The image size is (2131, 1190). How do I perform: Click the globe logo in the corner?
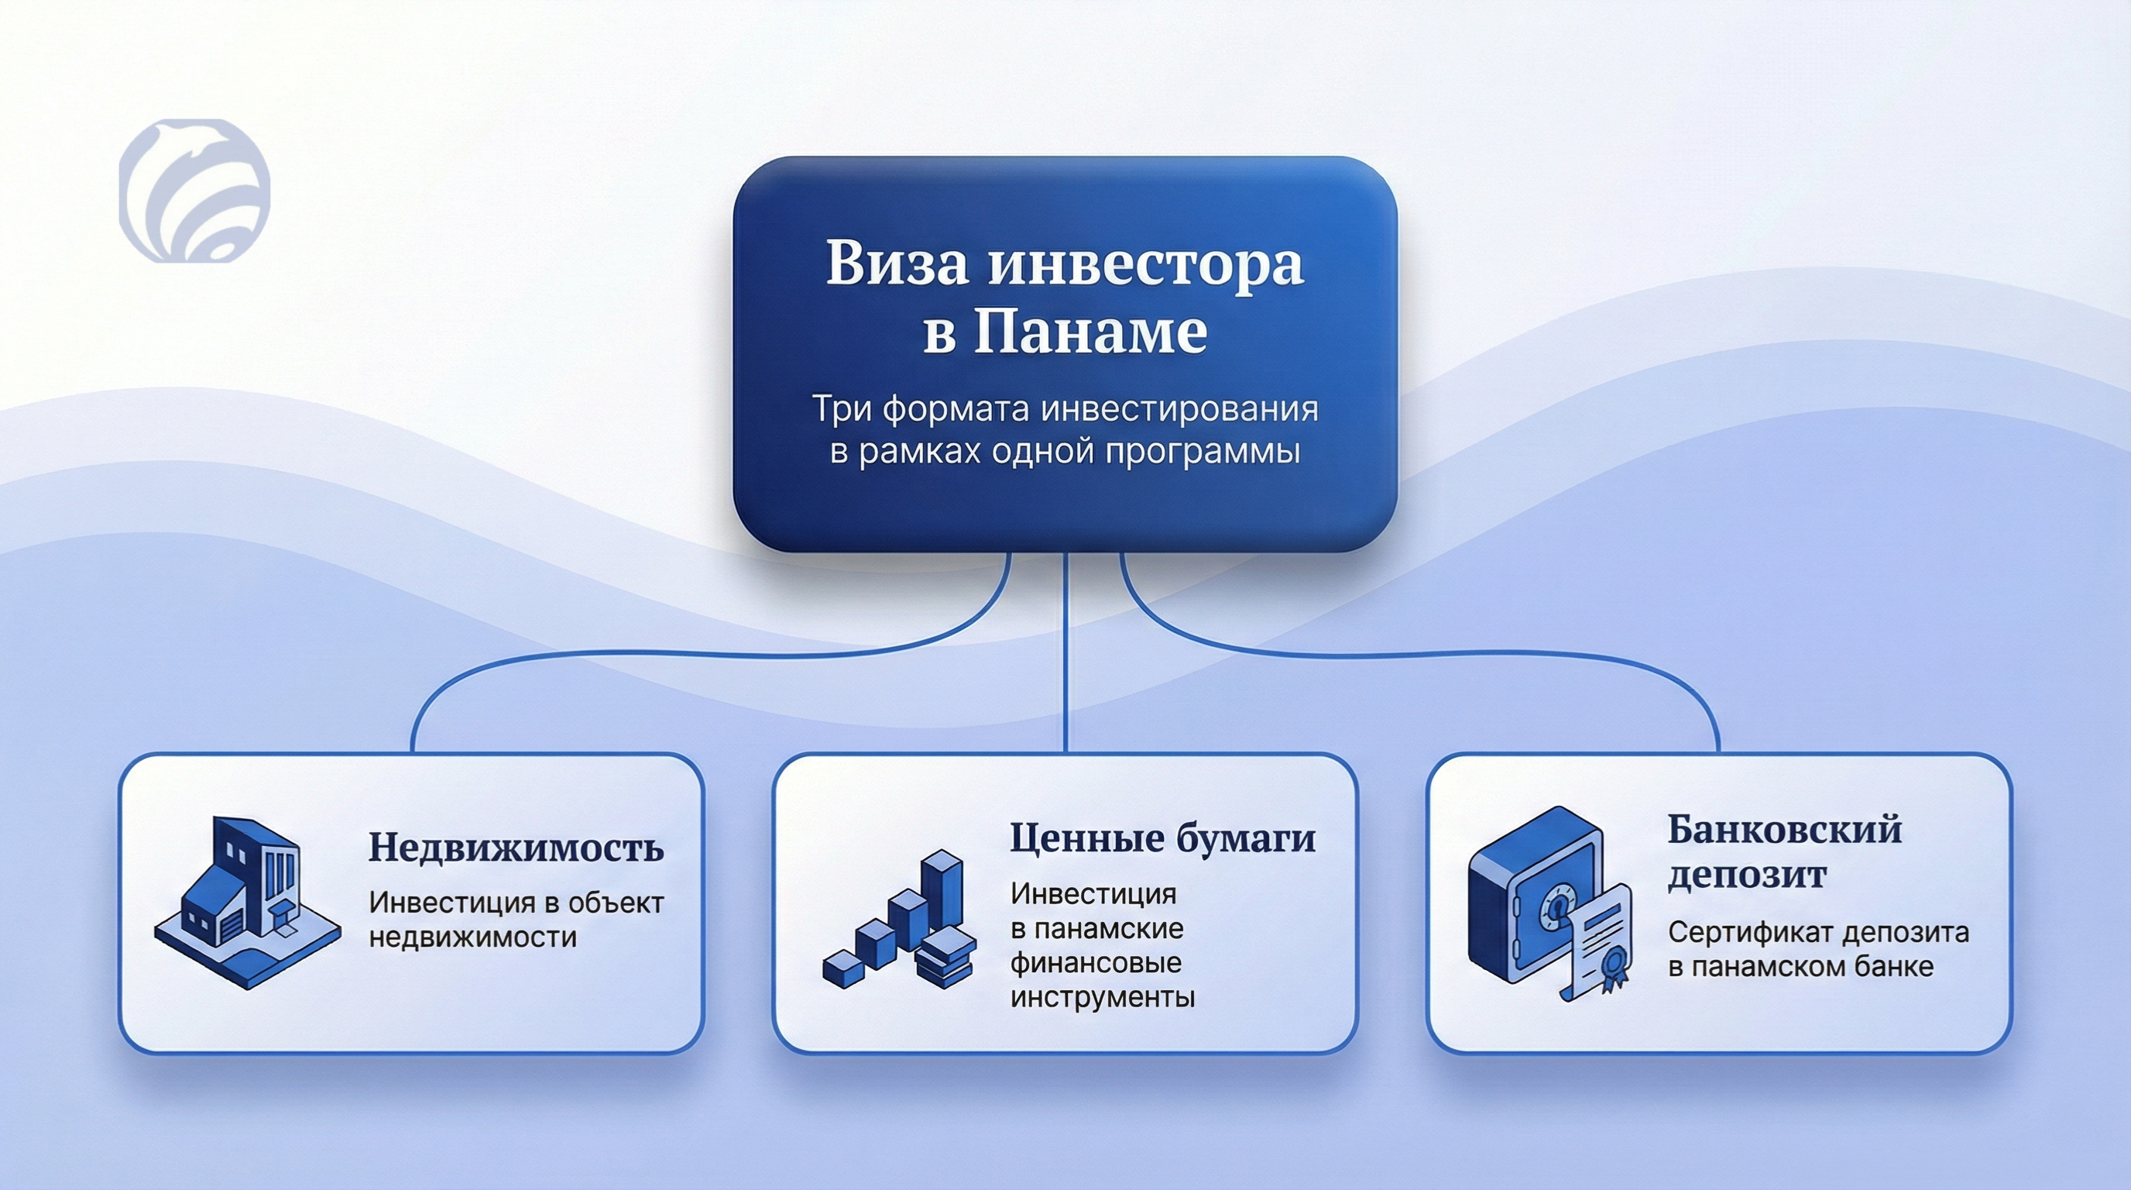[x=194, y=191]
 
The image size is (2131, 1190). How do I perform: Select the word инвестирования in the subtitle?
[x=1179, y=410]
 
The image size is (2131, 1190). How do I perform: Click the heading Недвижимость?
[x=516, y=848]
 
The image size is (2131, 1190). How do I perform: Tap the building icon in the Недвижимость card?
[x=247, y=902]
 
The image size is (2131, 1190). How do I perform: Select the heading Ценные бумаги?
[x=1162, y=839]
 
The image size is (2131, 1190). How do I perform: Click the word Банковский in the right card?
[x=1784, y=829]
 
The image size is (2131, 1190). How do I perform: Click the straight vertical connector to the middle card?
[x=1065, y=652]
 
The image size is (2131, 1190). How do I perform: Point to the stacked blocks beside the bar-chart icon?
[x=946, y=958]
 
